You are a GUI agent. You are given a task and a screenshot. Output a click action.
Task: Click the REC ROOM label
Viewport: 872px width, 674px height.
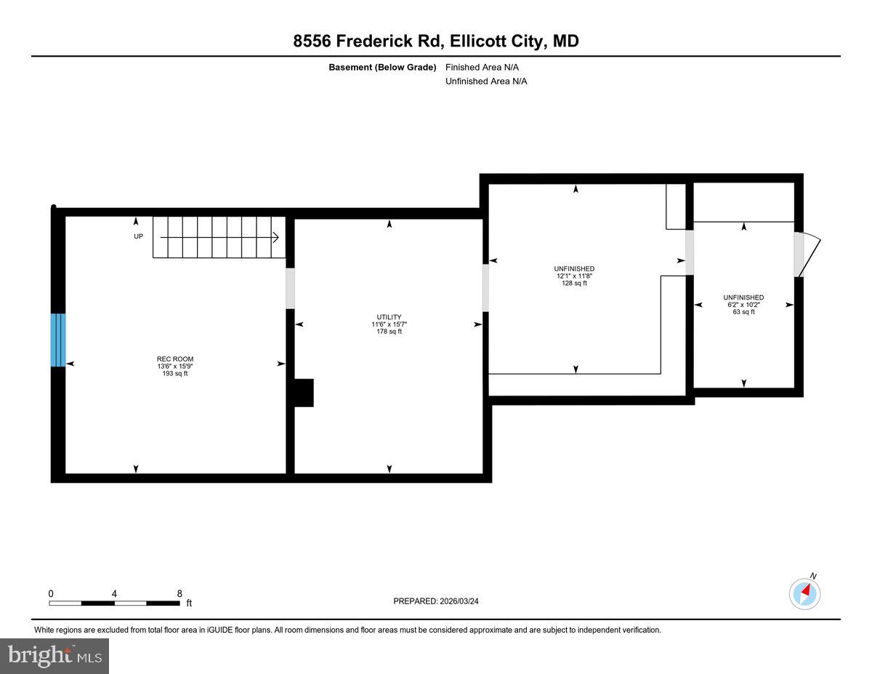point(175,358)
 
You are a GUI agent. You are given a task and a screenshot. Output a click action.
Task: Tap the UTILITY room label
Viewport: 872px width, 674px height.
point(389,317)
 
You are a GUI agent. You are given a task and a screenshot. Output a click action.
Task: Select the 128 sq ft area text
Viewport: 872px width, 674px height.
point(574,284)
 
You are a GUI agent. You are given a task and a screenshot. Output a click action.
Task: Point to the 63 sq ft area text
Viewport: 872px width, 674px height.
point(743,312)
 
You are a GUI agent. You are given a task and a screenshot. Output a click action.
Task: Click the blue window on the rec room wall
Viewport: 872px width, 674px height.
point(58,340)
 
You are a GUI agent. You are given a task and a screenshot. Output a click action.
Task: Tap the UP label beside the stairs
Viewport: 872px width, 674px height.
point(138,237)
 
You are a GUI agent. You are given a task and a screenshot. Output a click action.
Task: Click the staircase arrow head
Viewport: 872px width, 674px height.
point(277,237)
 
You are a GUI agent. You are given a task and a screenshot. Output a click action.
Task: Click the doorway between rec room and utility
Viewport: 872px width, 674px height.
point(290,289)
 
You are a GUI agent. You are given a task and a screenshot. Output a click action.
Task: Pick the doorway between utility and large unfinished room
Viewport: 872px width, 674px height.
point(485,287)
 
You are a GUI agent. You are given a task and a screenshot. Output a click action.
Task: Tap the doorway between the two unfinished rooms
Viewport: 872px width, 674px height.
point(690,252)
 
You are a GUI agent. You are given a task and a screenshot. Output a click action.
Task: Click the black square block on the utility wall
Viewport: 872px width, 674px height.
point(303,393)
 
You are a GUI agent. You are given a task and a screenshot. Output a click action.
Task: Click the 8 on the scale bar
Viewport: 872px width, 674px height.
point(179,593)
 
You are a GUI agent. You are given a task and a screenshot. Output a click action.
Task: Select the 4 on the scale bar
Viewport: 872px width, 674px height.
point(114,593)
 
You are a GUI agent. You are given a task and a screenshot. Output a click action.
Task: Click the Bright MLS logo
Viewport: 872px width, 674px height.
point(54,656)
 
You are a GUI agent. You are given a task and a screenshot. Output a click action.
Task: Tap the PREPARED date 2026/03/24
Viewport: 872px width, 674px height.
point(436,601)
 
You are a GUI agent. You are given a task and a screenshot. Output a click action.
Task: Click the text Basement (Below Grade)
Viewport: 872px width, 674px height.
point(382,67)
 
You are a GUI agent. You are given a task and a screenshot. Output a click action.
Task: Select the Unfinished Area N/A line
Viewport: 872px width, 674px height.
point(486,81)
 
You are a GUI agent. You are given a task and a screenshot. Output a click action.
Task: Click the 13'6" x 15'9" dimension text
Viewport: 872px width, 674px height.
point(175,366)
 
